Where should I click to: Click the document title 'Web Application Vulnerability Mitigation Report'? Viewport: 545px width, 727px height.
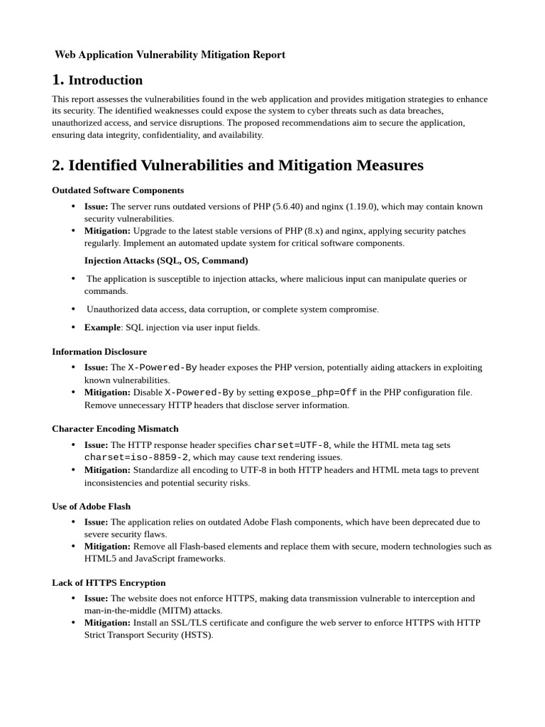click(x=170, y=55)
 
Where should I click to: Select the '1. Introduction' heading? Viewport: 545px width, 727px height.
click(x=97, y=80)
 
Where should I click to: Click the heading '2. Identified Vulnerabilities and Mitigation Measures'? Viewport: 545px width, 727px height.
click(x=238, y=165)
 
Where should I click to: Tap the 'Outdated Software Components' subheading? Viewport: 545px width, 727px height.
click(x=118, y=190)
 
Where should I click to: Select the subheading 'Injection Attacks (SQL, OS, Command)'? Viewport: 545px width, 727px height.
click(x=166, y=261)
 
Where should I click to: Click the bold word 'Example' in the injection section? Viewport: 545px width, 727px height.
click(x=102, y=327)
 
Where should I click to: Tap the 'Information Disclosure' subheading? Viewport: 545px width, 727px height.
click(x=99, y=351)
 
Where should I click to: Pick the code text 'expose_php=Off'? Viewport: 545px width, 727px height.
click(x=316, y=393)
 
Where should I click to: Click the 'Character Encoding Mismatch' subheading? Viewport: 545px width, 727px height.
click(x=115, y=429)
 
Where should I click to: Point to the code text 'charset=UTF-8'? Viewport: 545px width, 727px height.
click(x=292, y=445)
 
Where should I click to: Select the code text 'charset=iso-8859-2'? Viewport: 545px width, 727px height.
click(x=136, y=457)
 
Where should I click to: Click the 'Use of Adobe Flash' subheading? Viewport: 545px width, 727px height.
click(x=92, y=506)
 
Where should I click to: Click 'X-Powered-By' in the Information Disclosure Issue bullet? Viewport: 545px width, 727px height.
click(x=163, y=368)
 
